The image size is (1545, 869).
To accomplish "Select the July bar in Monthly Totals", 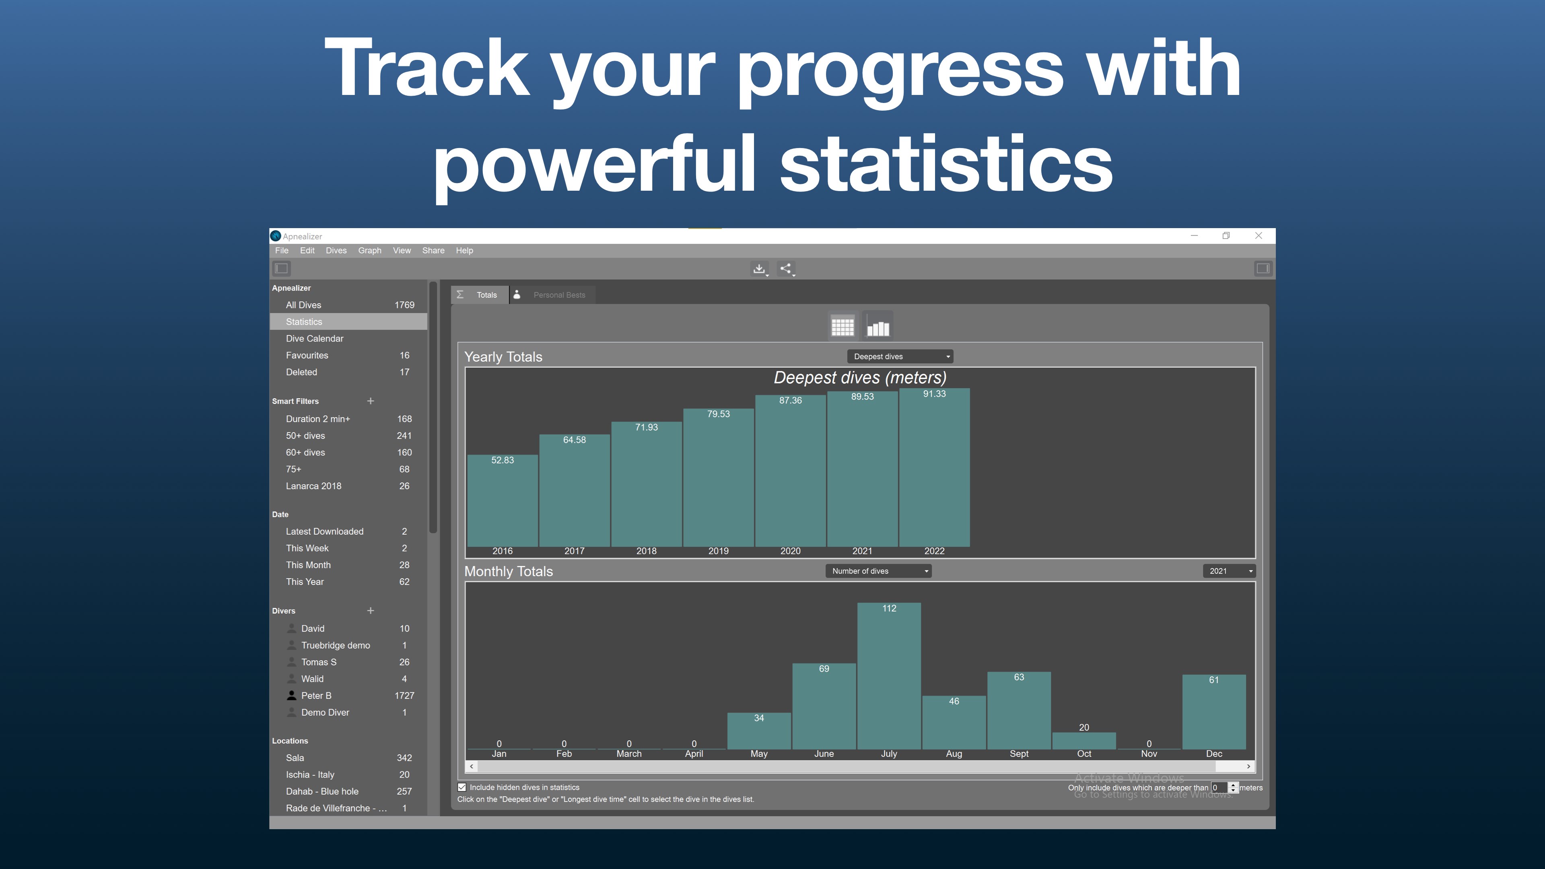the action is pos(889,676).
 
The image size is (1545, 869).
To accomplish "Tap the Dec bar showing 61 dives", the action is pos(1214,712).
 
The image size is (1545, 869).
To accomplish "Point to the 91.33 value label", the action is pos(934,394).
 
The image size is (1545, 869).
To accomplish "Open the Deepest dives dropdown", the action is pos(900,356).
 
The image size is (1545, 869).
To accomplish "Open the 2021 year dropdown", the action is pos(1229,571).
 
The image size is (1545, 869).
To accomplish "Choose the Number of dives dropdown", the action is pos(878,571).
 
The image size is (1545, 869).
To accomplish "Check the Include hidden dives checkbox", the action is pos(462,787).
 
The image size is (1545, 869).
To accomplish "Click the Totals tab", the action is pos(480,295).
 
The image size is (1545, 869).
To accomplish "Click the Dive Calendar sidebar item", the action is pos(314,339).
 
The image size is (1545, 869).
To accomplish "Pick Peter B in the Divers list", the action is pos(316,696).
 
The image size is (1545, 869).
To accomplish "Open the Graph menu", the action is pos(369,251).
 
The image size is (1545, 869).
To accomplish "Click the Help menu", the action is pos(464,251).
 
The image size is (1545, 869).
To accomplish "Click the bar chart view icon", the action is pos(878,326).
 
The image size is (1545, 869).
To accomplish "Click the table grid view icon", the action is pos(843,326).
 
